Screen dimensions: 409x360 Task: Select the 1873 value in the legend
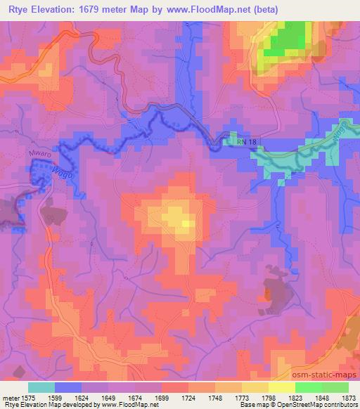pyautogui.click(x=349, y=398)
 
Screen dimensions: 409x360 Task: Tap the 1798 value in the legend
pyautogui.click(x=269, y=398)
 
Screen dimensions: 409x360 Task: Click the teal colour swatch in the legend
pyautogui.click(x=41, y=387)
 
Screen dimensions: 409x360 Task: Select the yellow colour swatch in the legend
pyautogui.click(x=282, y=387)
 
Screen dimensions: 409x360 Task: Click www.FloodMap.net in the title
pyautogui.click(x=211, y=10)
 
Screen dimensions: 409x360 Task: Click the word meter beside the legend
pyautogui.click(x=11, y=398)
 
